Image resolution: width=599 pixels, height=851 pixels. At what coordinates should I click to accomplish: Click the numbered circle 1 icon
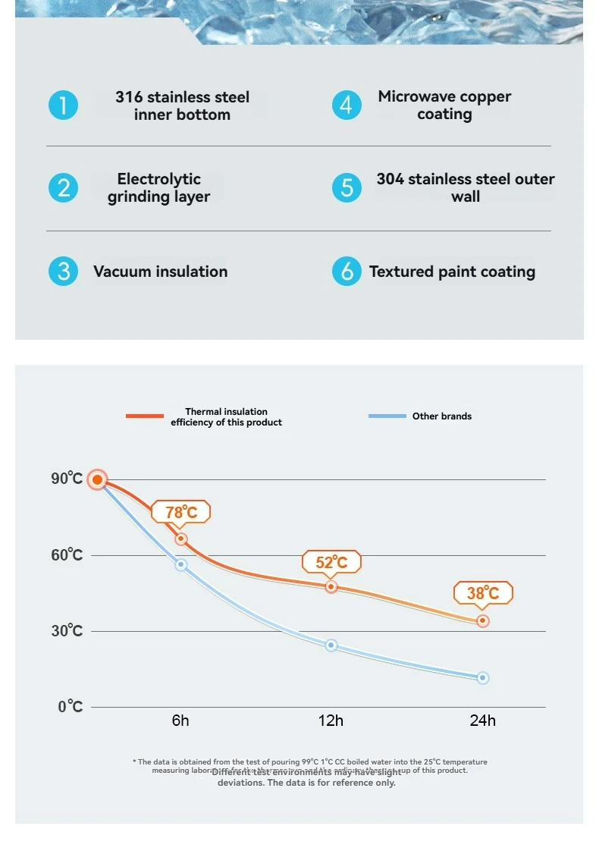(x=64, y=105)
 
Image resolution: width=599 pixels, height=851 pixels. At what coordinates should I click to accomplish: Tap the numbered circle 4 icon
(x=347, y=105)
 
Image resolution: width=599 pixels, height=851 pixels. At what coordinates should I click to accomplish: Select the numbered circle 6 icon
(x=347, y=271)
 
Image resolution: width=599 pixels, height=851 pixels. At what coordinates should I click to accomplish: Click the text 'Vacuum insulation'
(x=160, y=272)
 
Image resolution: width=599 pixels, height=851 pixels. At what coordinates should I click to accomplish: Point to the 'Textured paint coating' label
(x=452, y=272)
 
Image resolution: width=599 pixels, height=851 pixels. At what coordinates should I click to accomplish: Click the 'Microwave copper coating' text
(x=444, y=105)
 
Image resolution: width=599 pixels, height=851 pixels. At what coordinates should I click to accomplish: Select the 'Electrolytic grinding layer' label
(x=158, y=188)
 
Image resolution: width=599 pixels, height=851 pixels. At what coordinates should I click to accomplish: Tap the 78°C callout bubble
(x=181, y=512)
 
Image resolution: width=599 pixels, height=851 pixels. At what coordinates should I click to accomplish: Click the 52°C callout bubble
(x=331, y=562)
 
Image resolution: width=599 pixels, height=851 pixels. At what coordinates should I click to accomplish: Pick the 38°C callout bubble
(x=483, y=593)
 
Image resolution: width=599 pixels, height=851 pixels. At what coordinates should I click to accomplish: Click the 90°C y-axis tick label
(x=67, y=479)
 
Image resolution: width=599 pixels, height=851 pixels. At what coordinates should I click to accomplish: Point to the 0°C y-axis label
(x=70, y=707)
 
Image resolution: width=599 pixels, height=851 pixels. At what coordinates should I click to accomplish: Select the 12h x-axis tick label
(x=331, y=721)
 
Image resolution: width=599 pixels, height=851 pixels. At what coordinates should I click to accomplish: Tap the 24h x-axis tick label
(x=482, y=721)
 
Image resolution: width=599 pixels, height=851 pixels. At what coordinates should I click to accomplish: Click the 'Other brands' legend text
(x=442, y=416)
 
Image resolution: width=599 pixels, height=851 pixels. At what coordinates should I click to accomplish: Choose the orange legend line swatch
(x=145, y=416)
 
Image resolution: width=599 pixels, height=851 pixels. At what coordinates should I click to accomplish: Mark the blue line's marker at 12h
(x=331, y=645)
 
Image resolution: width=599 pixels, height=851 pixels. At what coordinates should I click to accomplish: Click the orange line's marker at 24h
(x=483, y=621)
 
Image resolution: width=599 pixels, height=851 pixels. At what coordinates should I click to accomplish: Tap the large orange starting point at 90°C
(x=97, y=479)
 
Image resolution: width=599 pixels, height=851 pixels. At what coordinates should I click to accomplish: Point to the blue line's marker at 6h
(x=181, y=565)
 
